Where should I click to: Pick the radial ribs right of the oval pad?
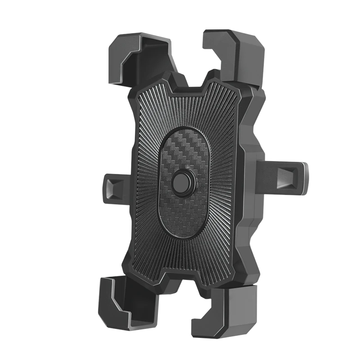click(x=220, y=180)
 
